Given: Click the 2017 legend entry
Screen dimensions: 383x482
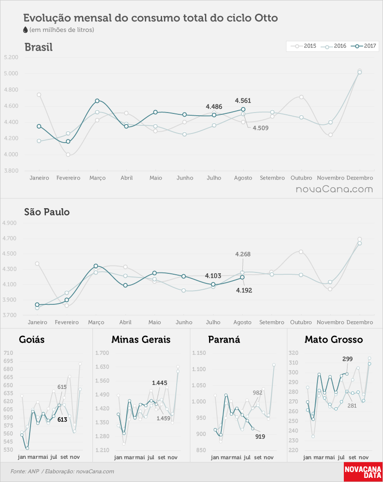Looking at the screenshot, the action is tap(365, 46).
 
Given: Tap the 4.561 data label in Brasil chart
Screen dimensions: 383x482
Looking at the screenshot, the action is tap(243, 101).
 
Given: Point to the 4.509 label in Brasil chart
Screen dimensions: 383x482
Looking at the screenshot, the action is tap(260, 128).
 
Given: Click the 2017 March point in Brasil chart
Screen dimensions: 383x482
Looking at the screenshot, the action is tap(97, 101).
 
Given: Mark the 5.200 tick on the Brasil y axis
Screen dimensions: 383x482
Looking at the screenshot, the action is tap(11, 57).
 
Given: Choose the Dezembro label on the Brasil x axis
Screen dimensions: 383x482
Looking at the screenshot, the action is tap(360, 178).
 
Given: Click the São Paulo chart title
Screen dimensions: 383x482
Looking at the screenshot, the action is tap(47, 212).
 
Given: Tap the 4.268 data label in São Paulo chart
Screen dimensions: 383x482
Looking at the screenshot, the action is tap(243, 254).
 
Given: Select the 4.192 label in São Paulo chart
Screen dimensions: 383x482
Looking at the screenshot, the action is tap(244, 290).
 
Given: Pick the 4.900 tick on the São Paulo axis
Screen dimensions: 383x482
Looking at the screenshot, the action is tap(10, 223).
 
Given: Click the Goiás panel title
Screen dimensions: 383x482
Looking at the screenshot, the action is tap(32, 339).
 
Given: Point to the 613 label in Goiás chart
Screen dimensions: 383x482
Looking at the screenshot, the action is tap(62, 420).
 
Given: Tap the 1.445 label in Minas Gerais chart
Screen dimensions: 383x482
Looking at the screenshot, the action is tap(159, 383).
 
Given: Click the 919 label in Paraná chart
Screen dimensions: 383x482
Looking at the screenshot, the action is tap(260, 436).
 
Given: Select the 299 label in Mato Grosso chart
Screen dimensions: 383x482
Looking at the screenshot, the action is tap(347, 359).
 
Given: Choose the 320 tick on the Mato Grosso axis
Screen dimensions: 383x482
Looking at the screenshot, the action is tap(294, 353).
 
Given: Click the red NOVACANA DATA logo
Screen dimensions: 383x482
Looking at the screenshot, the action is tap(363, 472).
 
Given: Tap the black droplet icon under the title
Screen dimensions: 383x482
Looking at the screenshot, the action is tap(26, 30).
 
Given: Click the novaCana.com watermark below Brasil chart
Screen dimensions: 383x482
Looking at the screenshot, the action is tap(334, 189).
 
